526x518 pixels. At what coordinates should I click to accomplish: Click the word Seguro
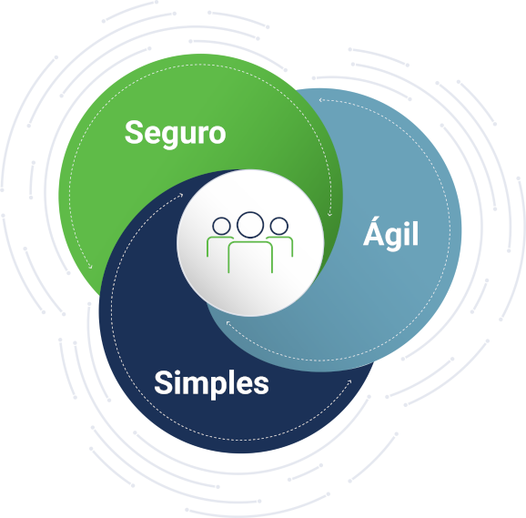click(175, 134)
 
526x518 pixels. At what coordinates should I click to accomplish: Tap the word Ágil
click(390, 233)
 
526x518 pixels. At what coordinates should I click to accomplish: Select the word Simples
click(211, 384)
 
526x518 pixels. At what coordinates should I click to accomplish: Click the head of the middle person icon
click(250, 225)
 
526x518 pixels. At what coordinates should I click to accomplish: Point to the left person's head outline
click(221, 226)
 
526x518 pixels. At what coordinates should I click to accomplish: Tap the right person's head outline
click(279, 226)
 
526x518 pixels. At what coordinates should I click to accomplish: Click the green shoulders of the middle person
click(250, 242)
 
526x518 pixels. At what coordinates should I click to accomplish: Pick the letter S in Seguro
click(134, 133)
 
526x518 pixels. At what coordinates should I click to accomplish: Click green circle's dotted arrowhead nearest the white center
click(329, 214)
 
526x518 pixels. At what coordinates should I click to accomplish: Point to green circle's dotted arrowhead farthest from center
click(90, 267)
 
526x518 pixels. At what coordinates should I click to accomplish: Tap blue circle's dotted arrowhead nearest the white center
click(228, 323)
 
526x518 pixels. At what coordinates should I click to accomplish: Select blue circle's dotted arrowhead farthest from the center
click(320, 99)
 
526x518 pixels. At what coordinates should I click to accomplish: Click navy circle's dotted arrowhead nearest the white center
click(181, 195)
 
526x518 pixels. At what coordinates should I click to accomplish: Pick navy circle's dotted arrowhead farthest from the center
click(349, 381)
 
